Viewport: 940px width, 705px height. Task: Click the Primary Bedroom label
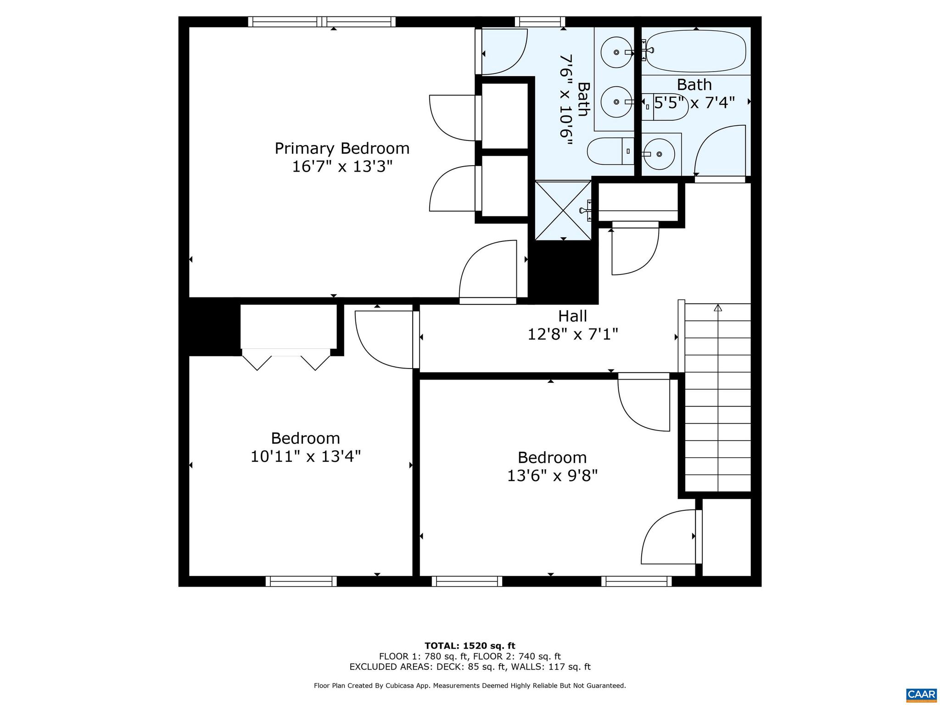click(x=342, y=148)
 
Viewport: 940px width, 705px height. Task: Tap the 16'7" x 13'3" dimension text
click(x=342, y=166)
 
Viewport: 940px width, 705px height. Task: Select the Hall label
click(x=572, y=316)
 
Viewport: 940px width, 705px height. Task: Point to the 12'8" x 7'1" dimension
click(x=572, y=335)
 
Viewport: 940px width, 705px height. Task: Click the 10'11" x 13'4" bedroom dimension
click(x=305, y=457)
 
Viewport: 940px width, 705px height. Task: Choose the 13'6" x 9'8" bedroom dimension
click(x=552, y=476)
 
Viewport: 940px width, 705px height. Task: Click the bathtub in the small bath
click(x=696, y=51)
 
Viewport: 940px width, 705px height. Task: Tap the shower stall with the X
click(x=563, y=210)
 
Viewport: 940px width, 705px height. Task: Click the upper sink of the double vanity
click(x=616, y=52)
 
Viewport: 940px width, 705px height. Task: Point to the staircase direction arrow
click(x=718, y=308)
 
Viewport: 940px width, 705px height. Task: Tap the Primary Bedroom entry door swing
click(x=487, y=271)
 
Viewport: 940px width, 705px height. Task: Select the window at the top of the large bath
click(x=540, y=22)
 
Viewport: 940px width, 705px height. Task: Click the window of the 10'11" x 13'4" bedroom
click(x=301, y=581)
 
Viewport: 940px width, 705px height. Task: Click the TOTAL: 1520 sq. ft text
click(x=470, y=646)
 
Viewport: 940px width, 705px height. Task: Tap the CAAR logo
click(x=921, y=694)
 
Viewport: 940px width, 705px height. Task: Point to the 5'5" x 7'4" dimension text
click(x=694, y=103)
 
